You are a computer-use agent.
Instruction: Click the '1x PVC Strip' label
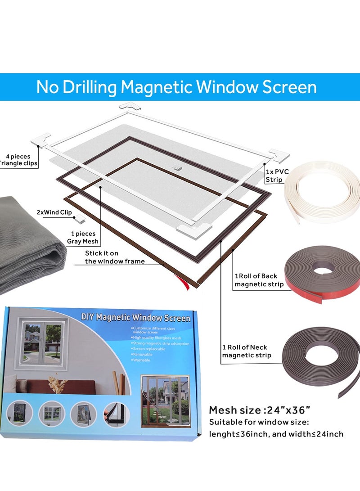[277, 176]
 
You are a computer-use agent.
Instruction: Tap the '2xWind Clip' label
[54, 212]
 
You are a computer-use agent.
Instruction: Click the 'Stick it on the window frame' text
[115, 257]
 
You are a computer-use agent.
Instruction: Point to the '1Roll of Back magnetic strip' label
[259, 280]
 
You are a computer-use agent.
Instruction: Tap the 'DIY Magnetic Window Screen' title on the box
[135, 318]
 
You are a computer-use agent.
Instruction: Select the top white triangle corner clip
[130, 109]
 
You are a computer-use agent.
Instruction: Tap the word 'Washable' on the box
[142, 360]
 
